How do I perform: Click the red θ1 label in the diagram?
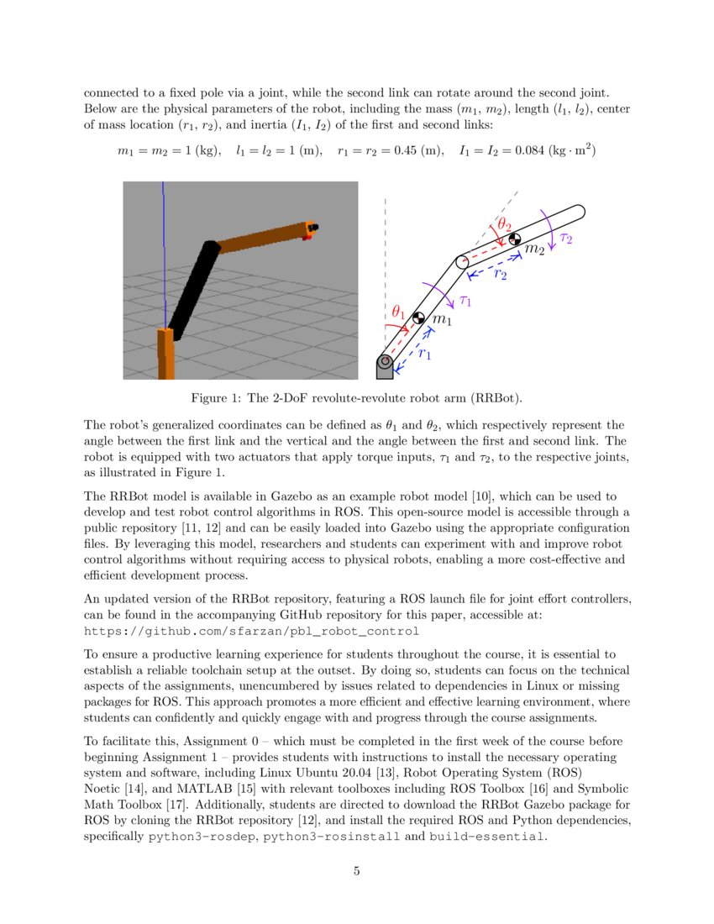coord(398,314)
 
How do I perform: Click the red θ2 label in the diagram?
coord(504,224)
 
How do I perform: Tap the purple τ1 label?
coord(463,300)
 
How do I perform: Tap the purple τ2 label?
coord(565,239)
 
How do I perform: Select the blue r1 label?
coord(424,354)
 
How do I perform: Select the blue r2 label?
coord(500,274)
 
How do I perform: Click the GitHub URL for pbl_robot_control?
coord(252,630)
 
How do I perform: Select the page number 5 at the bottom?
coord(356,871)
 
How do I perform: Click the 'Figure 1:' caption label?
coord(217,396)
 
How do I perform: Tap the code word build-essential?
coord(486,837)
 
